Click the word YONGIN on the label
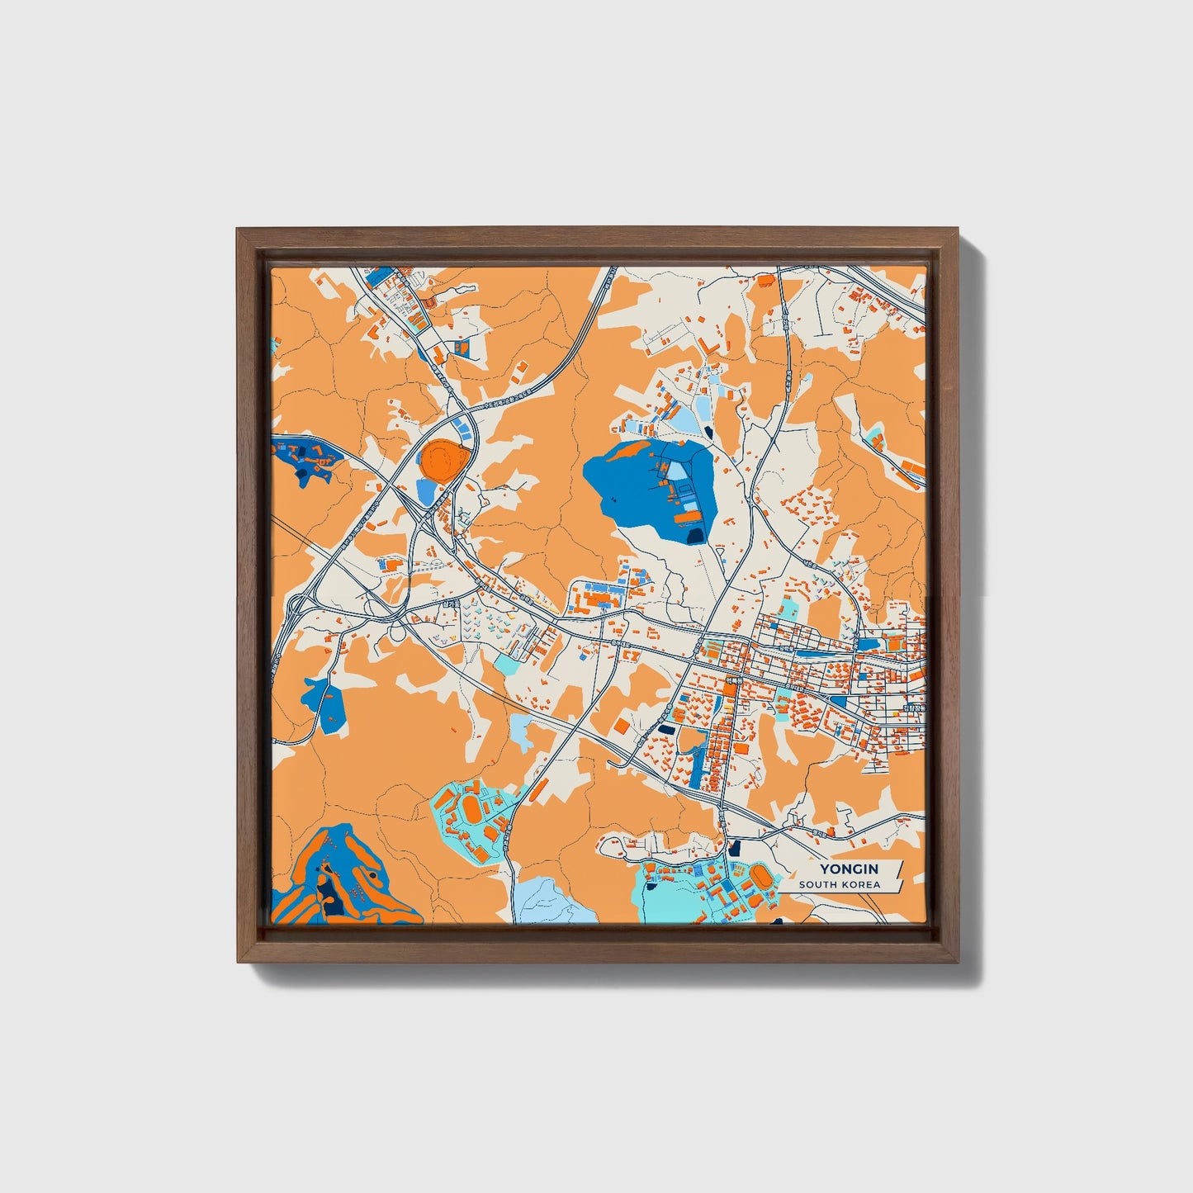pyautogui.click(x=848, y=869)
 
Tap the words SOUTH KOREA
pyautogui.click(x=839, y=885)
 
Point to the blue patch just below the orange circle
pyautogui.click(x=426, y=492)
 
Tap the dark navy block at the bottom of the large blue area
pyautogui.click(x=695, y=535)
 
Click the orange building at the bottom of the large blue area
pyautogui.click(x=687, y=517)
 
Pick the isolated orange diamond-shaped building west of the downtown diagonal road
pyautogui.click(x=620, y=726)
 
